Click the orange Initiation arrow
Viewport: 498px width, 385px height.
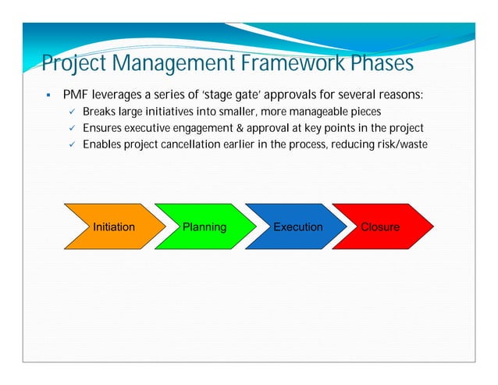coord(114,227)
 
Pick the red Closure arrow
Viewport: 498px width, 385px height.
coord(381,227)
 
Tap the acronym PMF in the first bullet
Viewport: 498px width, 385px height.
coord(76,95)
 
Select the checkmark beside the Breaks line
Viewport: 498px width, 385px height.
coord(71,112)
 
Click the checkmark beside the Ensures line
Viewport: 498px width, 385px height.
coord(71,128)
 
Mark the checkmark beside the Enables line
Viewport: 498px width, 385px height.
coord(71,144)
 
